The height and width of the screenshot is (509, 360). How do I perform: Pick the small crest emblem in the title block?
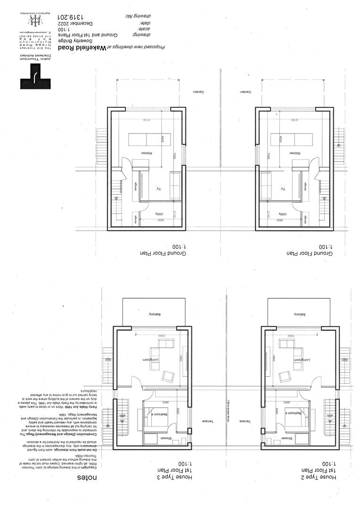33,20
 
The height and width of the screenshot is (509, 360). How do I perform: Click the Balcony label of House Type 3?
156,314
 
